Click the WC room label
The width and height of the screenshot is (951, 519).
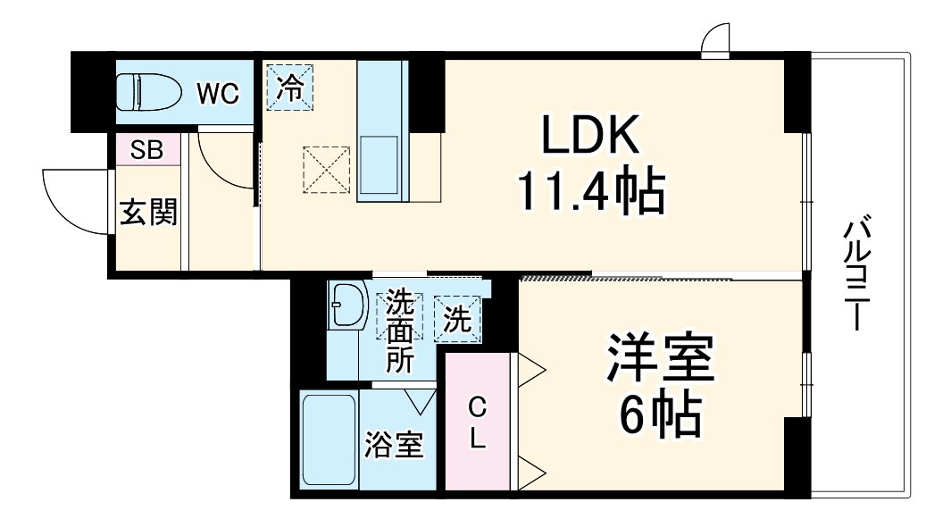pos(218,93)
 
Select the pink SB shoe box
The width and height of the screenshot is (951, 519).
pos(146,149)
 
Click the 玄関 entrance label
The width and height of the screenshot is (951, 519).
pos(148,213)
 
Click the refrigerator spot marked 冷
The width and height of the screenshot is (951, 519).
pos(290,87)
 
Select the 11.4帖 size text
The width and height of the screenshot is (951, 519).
pos(590,191)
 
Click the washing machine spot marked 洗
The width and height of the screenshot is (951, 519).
pos(458,320)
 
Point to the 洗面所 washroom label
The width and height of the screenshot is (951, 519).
pos(400,331)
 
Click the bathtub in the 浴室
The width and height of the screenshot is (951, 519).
pos(329,439)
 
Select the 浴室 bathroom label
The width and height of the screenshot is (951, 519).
pos(393,444)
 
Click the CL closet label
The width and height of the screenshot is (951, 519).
pos(479,423)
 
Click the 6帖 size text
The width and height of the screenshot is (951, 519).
pos(661,413)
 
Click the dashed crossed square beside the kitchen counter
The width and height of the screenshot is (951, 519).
pos(327,169)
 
